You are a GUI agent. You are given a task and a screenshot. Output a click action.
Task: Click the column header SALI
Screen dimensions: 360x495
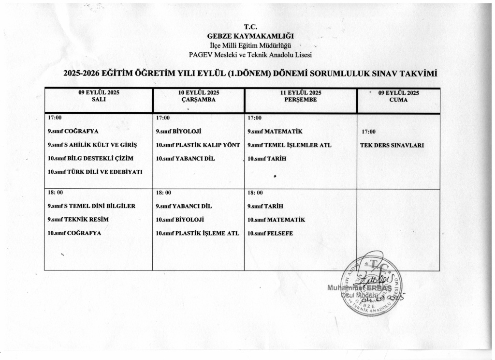99,99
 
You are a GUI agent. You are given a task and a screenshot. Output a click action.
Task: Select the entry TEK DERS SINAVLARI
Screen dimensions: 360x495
392,145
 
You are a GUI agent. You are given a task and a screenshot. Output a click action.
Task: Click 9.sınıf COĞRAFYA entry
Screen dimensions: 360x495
73,131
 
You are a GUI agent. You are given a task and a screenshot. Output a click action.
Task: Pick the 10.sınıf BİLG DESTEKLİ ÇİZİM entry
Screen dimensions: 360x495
90,158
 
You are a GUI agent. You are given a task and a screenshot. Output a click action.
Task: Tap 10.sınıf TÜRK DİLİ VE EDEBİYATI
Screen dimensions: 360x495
95,172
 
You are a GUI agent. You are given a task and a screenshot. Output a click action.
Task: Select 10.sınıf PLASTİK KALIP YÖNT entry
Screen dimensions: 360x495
198,145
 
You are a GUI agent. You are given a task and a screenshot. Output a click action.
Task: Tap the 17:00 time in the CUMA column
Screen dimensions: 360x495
369,132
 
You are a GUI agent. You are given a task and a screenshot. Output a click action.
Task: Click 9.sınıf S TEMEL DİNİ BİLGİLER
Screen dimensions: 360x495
91,206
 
